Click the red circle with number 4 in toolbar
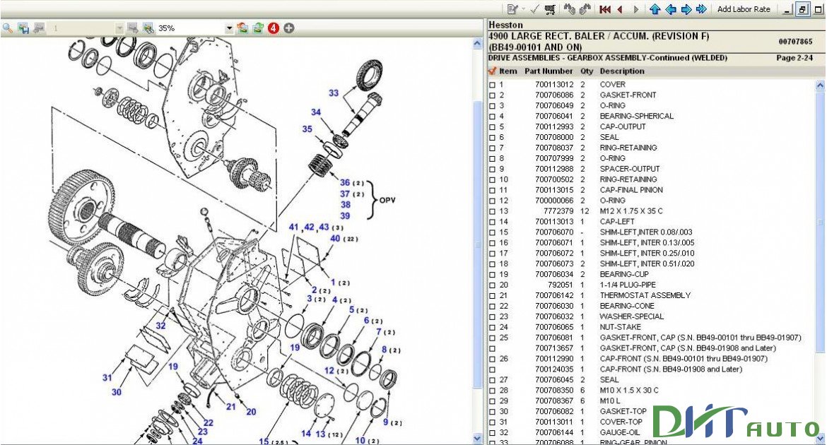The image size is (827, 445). pyautogui.click(x=274, y=28)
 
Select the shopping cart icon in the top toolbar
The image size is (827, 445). pyautogui.click(x=550, y=9)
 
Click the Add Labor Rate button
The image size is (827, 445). pyautogui.click(x=744, y=9)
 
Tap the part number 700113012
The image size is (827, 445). pyautogui.click(x=554, y=84)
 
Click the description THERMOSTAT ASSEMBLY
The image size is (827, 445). pyautogui.click(x=645, y=295)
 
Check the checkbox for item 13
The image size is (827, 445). pyautogui.click(x=492, y=211)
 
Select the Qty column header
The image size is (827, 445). pyautogui.click(x=587, y=71)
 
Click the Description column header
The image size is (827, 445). pyautogui.click(x=622, y=71)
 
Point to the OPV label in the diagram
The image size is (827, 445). pyautogui.click(x=387, y=200)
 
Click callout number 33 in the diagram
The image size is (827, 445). pyautogui.click(x=334, y=93)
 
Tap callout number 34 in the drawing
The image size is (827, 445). pyautogui.click(x=315, y=112)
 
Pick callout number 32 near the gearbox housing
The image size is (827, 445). pyautogui.click(x=160, y=326)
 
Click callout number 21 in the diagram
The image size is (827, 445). pyautogui.click(x=230, y=407)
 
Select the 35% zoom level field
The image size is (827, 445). pyautogui.click(x=190, y=28)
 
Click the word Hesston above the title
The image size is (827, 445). pyautogui.click(x=505, y=25)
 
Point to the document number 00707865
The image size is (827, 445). pyautogui.click(x=795, y=41)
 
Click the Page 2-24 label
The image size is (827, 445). pyautogui.click(x=794, y=58)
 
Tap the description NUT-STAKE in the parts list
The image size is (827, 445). pyautogui.click(x=621, y=327)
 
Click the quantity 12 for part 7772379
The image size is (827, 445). pyautogui.click(x=585, y=211)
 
